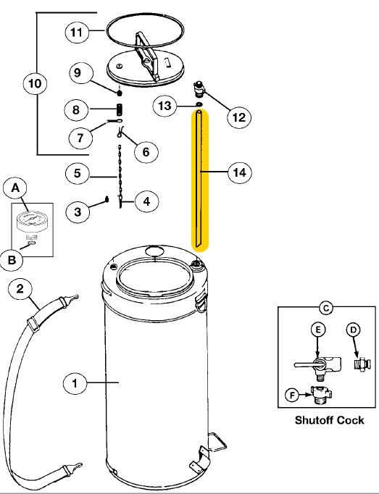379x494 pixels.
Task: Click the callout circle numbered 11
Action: (76, 32)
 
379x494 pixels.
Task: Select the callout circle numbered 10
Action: (35, 84)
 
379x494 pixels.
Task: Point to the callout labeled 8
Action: (76, 110)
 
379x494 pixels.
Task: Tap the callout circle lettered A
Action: (17, 188)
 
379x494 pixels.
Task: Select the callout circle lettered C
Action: (326, 309)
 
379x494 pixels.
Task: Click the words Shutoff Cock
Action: (328, 420)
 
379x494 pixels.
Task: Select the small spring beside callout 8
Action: (122, 109)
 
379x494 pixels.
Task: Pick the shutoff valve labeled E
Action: (316, 364)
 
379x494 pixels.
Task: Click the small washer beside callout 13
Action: (198, 106)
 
